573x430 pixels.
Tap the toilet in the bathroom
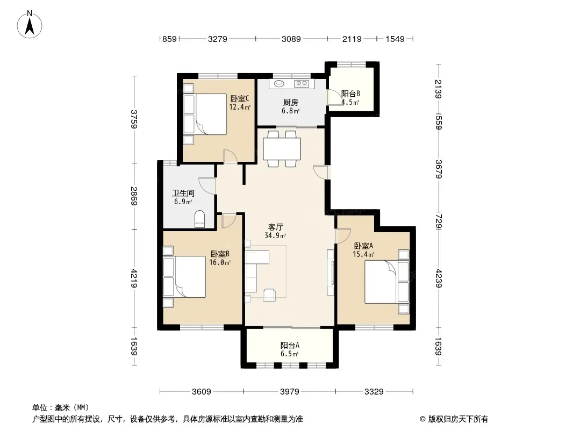[x=200, y=219]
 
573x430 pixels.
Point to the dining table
[x=282, y=149]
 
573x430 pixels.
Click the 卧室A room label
[x=363, y=246]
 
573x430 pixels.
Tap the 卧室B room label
[x=220, y=254]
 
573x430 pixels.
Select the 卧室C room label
[x=240, y=99]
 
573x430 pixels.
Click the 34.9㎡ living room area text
[x=275, y=235]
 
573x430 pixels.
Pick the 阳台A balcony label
[x=290, y=345]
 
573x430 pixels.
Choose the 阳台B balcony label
[x=350, y=94]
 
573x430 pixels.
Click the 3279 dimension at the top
[x=218, y=39]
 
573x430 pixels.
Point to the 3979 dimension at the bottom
[x=289, y=392]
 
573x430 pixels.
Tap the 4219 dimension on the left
[x=134, y=278]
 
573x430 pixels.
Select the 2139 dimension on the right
[x=439, y=89]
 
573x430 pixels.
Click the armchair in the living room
[x=269, y=295]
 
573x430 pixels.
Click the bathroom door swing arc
[x=206, y=186]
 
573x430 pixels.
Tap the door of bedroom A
[x=343, y=236]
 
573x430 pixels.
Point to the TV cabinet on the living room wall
[x=331, y=273]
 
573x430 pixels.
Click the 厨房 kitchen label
[x=290, y=103]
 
